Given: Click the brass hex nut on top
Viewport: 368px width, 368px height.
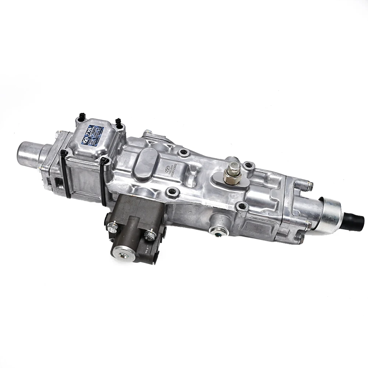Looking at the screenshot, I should [x=233, y=173].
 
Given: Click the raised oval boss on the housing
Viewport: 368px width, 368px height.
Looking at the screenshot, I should [x=146, y=165].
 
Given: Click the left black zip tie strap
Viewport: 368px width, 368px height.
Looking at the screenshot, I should [x=65, y=173].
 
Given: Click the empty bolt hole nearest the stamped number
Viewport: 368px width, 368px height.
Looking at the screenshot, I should [x=183, y=152].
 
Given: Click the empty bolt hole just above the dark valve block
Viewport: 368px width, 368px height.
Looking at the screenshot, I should [x=171, y=192].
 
